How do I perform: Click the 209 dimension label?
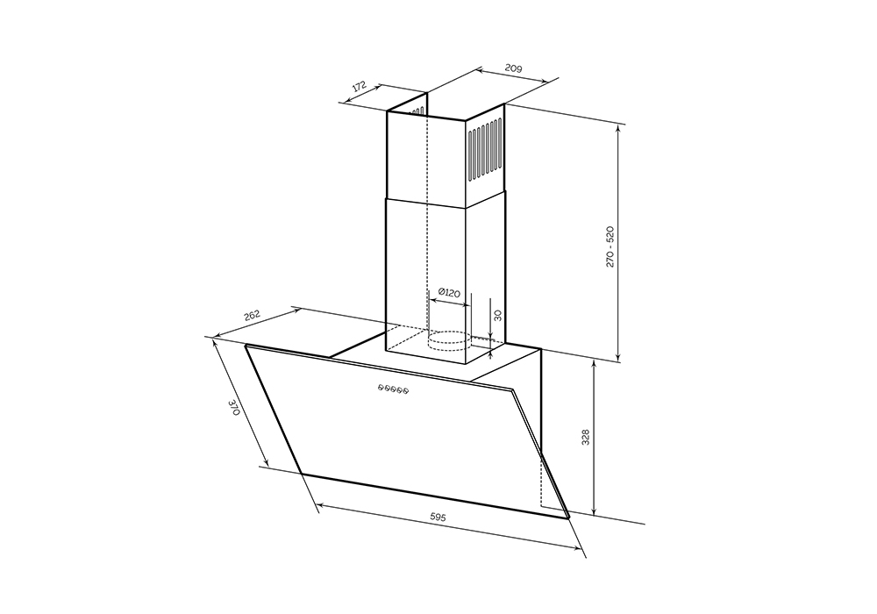pyautogui.click(x=513, y=68)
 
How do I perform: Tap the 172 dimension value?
pyautogui.click(x=359, y=87)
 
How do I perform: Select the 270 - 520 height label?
pyautogui.click(x=610, y=246)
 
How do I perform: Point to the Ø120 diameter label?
pyautogui.click(x=448, y=292)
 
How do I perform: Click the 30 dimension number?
pyautogui.click(x=498, y=316)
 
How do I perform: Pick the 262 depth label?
pyautogui.click(x=253, y=316)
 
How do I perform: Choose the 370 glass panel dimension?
pyautogui.click(x=234, y=406)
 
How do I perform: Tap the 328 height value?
pyautogui.click(x=585, y=438)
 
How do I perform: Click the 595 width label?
pyautogui.click(x=438, y=518)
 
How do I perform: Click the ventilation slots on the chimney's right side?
pyautogui.click(x=485, y=152)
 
